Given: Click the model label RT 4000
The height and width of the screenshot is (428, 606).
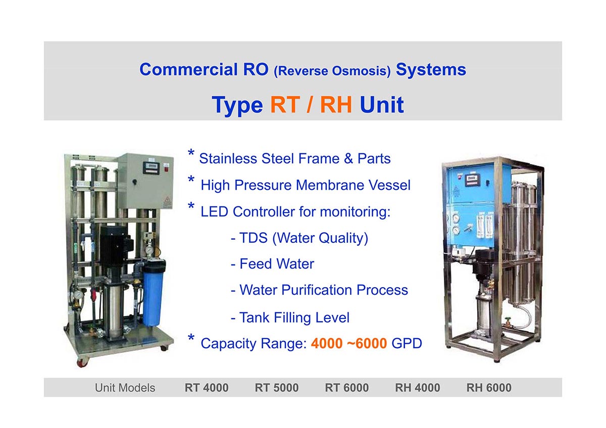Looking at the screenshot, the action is click(x=207, y=388).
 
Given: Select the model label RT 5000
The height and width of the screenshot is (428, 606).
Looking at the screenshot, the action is click(x=277, y=388).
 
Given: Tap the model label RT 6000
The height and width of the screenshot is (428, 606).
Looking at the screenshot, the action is click(x=346, y=388).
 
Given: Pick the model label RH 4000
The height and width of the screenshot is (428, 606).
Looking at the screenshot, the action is click(x=418, y=388).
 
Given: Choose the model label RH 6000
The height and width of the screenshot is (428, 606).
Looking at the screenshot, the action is click(x=489, y=388).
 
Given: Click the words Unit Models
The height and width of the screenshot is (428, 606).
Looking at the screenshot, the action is click(x=125, y=388).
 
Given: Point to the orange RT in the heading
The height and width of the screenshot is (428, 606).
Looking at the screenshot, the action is click(x=285, y=104).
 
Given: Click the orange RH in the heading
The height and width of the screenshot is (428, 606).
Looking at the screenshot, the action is click(x=336, y=104).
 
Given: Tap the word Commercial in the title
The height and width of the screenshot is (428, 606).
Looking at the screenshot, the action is click(x=188, y=69).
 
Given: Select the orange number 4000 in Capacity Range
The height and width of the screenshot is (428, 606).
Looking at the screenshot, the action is click(x=327, y=343).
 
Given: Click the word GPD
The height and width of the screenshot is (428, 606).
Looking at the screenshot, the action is click(x=407, y=343).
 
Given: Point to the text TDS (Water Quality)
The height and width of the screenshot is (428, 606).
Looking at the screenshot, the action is click(x=304, y=238).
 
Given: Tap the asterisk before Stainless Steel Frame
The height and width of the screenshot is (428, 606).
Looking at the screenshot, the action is click(x=191, y=153).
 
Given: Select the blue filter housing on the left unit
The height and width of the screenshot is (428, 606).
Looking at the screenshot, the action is click(x=153, y=293).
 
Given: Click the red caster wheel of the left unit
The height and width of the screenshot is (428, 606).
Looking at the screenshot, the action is click(x=82, y=362).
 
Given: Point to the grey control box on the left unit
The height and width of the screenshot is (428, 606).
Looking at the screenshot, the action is click(x=146, y=181).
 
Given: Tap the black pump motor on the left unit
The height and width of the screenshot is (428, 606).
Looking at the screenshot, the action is click(x=116, y=249).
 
